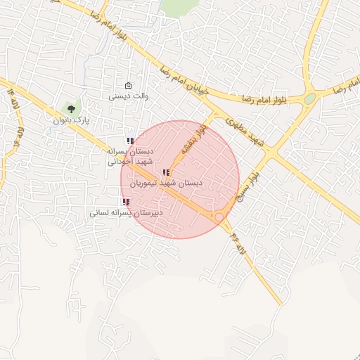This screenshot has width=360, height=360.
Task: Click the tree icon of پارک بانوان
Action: [70, 108]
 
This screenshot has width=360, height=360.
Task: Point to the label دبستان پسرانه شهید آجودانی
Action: [129, 156]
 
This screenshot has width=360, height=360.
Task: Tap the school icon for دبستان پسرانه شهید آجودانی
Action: [130, 141]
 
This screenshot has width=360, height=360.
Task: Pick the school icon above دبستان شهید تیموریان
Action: [166, 172]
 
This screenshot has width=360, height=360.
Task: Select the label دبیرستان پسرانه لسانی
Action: [126, 211]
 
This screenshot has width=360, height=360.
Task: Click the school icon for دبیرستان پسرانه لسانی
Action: [126, 201]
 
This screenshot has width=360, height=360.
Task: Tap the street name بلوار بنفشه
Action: [193, 140]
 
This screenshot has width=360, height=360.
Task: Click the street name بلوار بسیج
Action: [252, 187]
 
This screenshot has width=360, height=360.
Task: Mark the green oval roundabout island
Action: [309, 98]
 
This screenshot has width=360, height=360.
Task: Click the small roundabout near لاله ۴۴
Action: [220, 218]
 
